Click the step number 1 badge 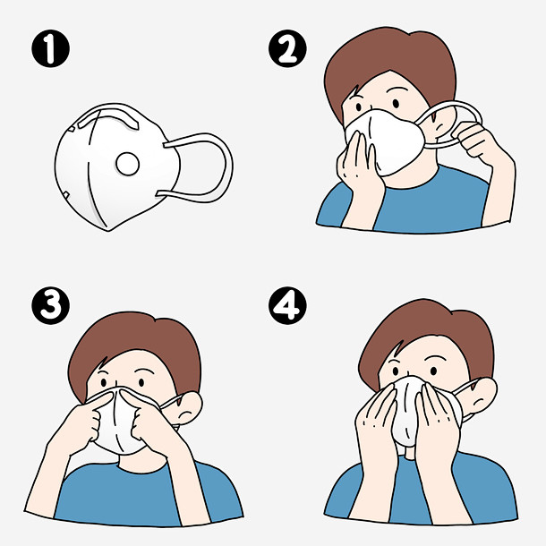click(x=50, y=48)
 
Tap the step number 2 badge click(x=287, y=48)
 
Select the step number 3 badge click(x=50, y=305)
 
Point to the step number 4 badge click(x=287, y=305)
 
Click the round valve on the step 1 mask click(x=127, y=164)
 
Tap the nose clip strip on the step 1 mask click(x=108, y=118)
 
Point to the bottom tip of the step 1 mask click(x=108, y=231)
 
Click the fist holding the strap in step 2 click(x=474, y=140)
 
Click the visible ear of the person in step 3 click(x=188, y=408)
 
